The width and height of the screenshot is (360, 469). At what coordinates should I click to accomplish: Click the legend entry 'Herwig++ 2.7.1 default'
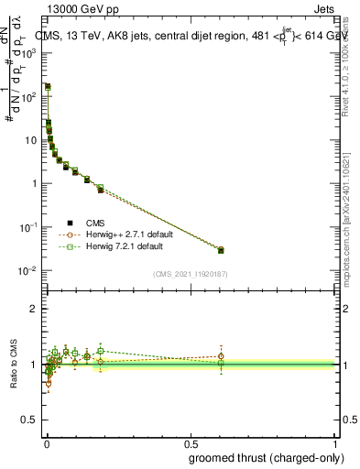point(127,234)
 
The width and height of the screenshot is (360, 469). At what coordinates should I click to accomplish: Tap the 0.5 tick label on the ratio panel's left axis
point(31,420)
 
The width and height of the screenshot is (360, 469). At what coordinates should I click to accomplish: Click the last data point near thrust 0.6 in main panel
point(221,250)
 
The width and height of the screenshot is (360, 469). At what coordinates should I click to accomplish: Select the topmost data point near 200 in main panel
point(48,87)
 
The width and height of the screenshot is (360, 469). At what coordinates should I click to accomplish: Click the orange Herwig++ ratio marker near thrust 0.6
point(221,356)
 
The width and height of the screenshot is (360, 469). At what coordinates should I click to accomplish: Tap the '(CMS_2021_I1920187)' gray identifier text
point(190,274)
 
